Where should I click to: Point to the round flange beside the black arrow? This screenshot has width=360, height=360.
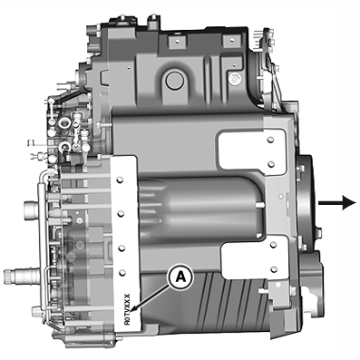coord(306,204)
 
